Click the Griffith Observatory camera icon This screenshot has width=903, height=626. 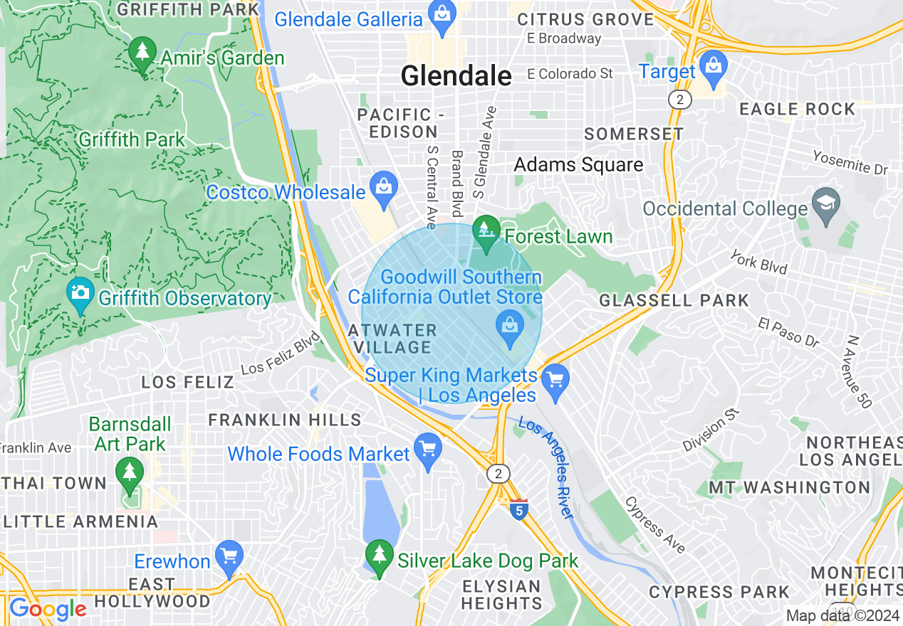(x=80, y=294)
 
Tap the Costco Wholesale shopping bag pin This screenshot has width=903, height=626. (x=384, y=188)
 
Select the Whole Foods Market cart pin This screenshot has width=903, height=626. (x=428, y=450)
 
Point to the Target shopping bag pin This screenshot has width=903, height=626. (x=712, y=67)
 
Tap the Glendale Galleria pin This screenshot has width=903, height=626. (x=443, y=16)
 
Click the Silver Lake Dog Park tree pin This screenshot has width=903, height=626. (x=379, y=556)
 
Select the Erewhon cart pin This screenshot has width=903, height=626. (x=229, y=556)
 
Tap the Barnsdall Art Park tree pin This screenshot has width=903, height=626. (x=129, y=473)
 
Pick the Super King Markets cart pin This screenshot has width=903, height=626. (x=555, y=379)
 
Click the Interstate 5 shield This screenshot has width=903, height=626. (x=520, y=509)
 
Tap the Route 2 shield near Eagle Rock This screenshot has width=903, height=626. (x=680, y=100)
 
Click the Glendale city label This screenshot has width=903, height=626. (x=456, y=76)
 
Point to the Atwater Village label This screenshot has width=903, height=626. (x=392, y=339)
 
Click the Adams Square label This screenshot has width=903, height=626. (x=578, y=165)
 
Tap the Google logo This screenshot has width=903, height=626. (x=48, y=609)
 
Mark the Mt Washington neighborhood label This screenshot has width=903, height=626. (x=789, y=487)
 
